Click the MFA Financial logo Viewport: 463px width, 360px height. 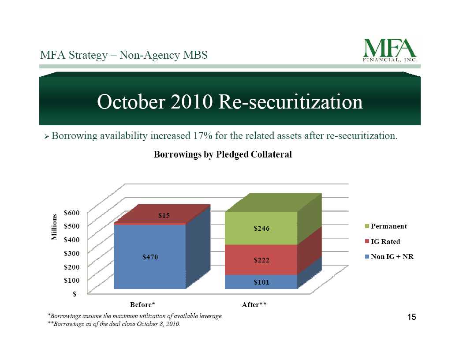coord(390,50)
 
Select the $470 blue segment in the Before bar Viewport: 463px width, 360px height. coord(150,257)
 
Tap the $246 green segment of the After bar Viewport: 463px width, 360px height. coord(261,228)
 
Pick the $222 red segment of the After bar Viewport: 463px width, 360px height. coord(261,260)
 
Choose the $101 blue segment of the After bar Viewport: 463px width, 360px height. coord(261,282)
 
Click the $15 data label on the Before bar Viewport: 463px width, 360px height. coord(164,216)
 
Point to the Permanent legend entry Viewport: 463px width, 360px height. coord(386,226)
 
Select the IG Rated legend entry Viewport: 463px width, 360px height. coord(382,242)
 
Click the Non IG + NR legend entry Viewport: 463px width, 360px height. coord(389,257)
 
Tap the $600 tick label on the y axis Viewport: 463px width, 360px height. coord(72,213)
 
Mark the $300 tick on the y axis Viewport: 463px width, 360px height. coord(72,253)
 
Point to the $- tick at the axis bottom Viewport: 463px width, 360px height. coord(76,294)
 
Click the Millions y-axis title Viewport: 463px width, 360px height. coord(54,227)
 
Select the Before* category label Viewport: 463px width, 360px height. coord(142,304)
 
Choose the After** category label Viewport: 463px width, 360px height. coord(254,304)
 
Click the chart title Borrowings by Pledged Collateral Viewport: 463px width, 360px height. coord(223,154)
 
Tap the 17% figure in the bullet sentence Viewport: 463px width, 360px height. coord(202,136)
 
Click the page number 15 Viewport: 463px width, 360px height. coord(411,317)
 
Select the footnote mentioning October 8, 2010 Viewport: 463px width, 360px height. coord(114,324)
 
